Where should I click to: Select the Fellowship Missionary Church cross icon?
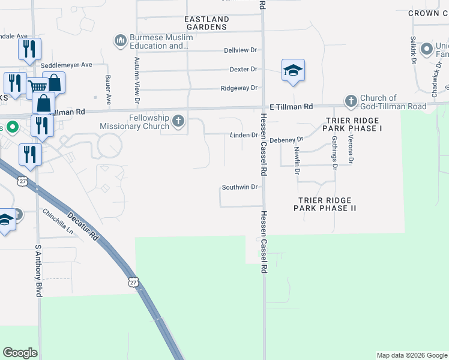tap(178, 122)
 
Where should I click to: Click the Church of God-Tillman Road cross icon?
tap(351, 101)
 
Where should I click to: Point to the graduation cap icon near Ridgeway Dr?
tap(293, 71)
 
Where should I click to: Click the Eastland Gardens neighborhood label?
tap(206, 23)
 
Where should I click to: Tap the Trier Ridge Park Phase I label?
tap(353, 124)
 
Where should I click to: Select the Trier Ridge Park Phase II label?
tap(325, 204)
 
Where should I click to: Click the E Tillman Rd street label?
tap(291, 106)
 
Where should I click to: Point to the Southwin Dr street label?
tap(240, 187)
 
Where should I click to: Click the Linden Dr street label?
tap(244, 136)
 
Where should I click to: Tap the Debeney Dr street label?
tap(286, 140)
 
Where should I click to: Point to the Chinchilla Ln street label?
tap(58, 221)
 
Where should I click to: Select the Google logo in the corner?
tap(20, 353)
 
